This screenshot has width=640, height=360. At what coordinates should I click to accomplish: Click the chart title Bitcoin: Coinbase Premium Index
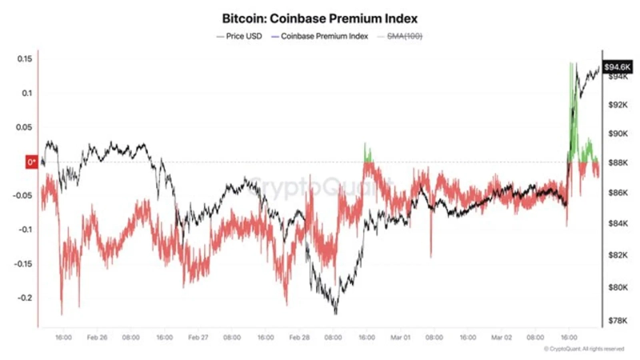tap(319, 17)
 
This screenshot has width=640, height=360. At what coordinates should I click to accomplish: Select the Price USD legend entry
tap(242, 37)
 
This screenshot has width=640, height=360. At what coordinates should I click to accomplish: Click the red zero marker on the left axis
tap(33, 162)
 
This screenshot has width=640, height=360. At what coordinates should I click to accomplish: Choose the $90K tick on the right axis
tap(618, 134)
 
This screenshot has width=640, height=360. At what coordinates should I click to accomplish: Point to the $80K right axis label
tap(618, 287)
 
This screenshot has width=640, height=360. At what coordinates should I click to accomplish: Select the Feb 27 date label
tap(198, 338)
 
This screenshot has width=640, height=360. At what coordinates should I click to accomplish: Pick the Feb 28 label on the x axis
tap(299, 338)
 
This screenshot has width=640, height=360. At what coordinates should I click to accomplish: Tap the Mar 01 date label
tap(401, 338)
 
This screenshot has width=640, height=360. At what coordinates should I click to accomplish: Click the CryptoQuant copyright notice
tap(583, 350)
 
